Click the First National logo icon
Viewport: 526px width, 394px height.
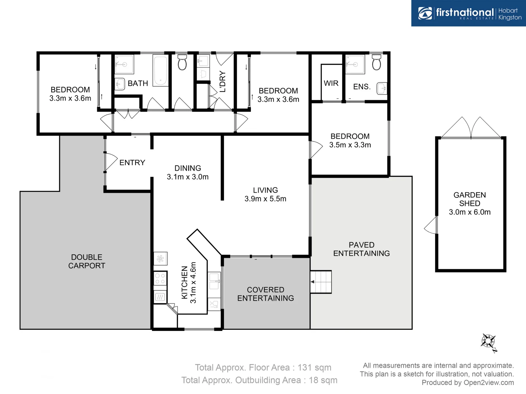tap(425, 13)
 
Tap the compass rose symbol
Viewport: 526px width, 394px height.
tap(488, 342)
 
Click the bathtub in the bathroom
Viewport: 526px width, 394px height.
tap(160, 70)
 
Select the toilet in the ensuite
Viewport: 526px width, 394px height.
tap(376, 63)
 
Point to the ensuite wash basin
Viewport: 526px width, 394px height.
tap(382, 88)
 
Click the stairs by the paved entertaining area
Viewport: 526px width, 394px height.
tap(321, 282)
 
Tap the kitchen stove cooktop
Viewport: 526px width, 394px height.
tap(160, 279)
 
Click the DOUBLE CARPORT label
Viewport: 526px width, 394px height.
tap(87, 262)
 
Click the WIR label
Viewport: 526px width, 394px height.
tap(331, 83)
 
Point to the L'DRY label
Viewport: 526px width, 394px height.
tap(222, 82)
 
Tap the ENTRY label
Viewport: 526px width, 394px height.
tap(132, 163)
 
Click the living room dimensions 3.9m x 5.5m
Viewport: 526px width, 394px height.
tap(266, 199)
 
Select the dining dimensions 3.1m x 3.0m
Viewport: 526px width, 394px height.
tap(188, 177)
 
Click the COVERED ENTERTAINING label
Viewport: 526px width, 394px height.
tap(266, 294)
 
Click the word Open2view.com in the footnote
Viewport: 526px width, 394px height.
tap(488, 382)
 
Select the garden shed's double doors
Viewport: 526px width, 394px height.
tap(471, 128)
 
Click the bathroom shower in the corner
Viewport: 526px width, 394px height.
tap(124, 64)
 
